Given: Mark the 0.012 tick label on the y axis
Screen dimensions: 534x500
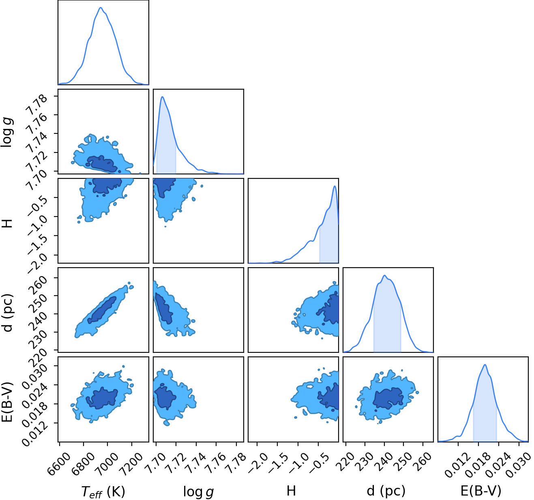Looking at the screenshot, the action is tap(35, 433).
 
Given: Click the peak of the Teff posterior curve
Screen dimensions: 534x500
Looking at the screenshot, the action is tap(101, 7).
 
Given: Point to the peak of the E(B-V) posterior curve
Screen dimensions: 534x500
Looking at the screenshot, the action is tap(485, 365).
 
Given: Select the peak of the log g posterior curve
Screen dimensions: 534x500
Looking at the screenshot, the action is tap(163, 97).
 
